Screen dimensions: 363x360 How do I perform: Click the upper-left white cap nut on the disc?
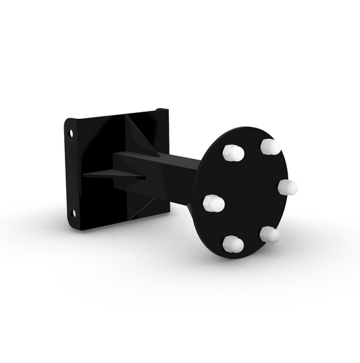pyautogui.click(x=232, y=153)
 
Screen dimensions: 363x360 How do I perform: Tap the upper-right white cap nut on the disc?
pyautogui.click(x=269, y=146)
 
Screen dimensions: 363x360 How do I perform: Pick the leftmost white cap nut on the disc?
pyautogui.click(x=213, y=202)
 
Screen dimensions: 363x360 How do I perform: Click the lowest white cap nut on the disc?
pyautogui.click(x=232, y=244)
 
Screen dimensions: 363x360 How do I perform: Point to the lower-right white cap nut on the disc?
pyautogui.click(x=269, y=234)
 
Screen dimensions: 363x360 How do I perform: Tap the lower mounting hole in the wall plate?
pyautogui.click(x=74, y=214)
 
